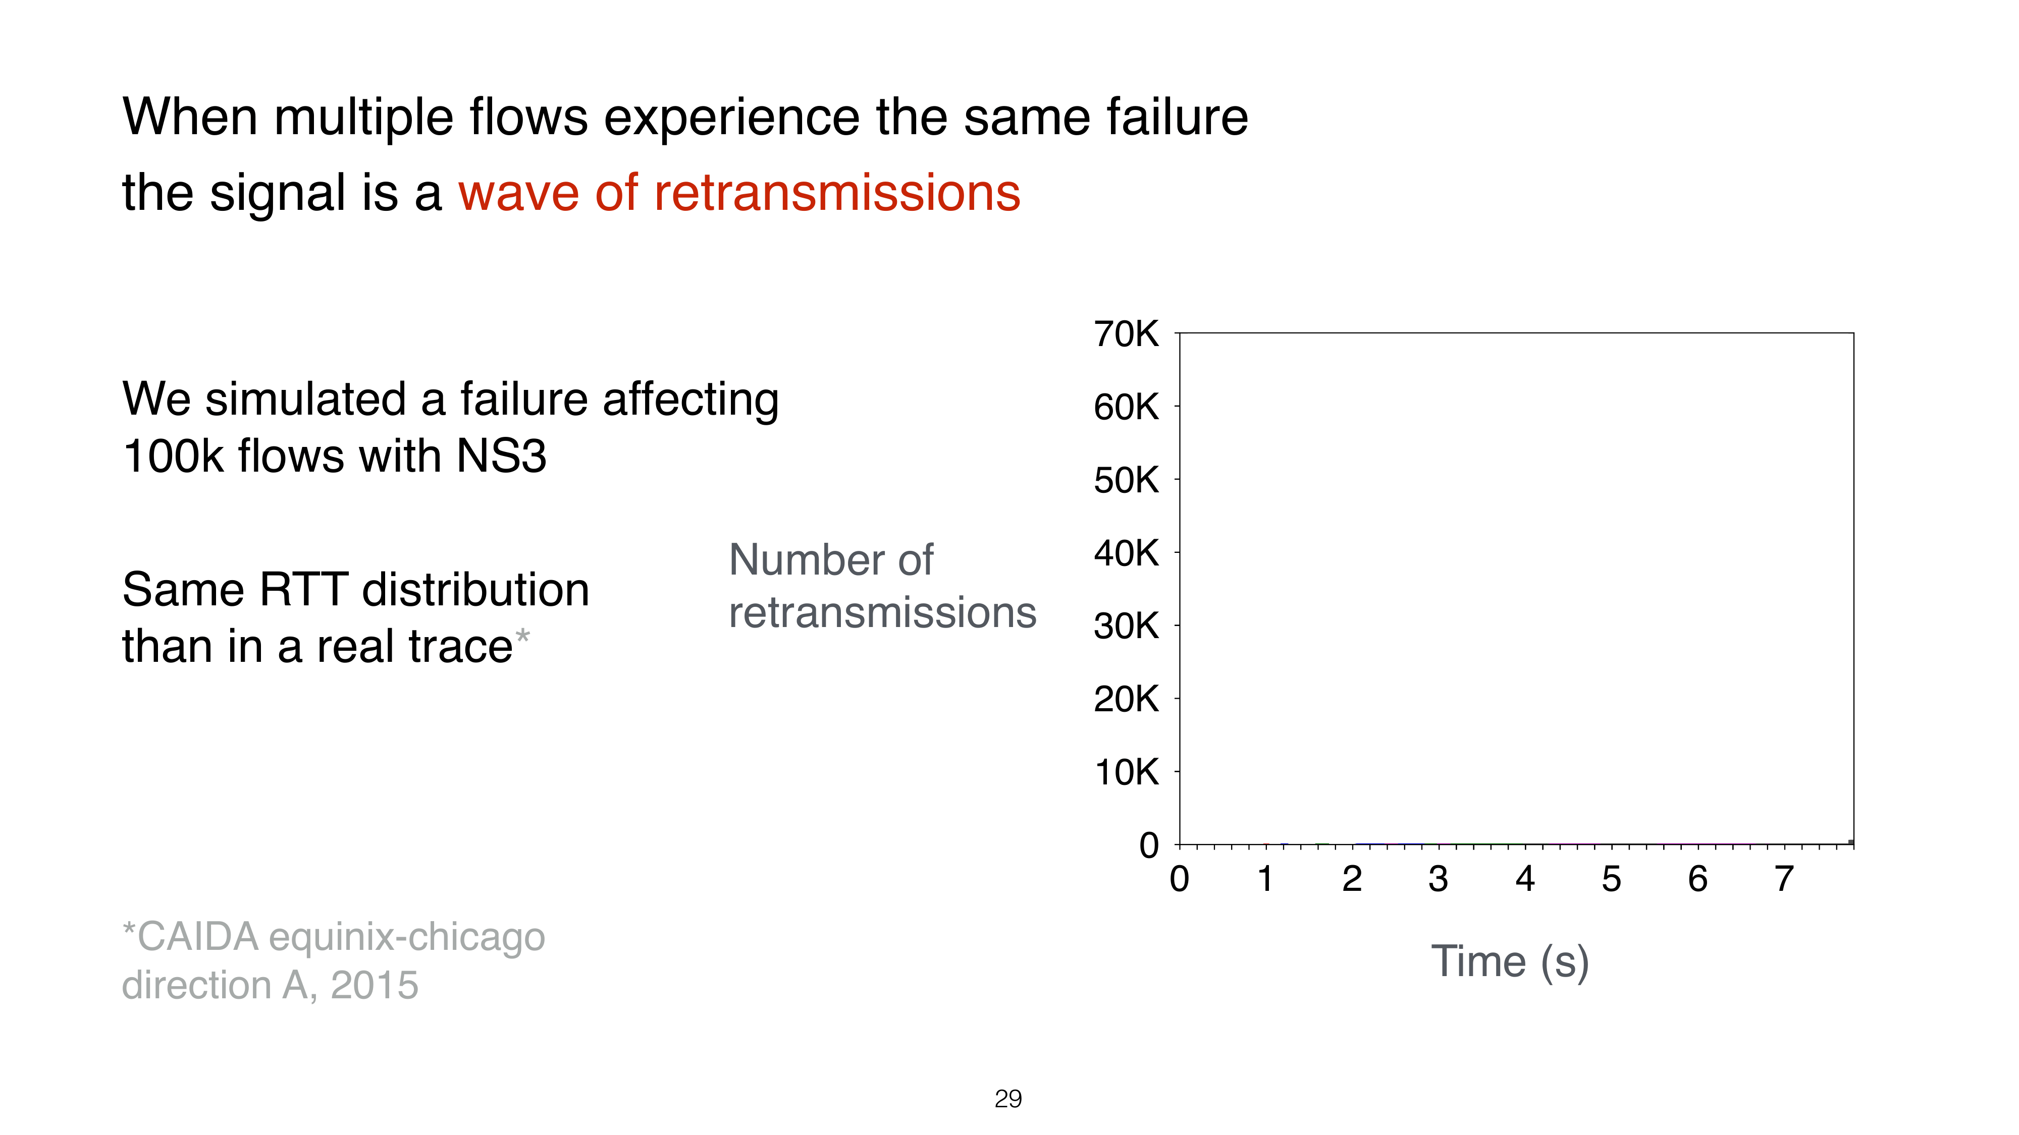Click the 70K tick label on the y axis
1126,334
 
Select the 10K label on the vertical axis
1126,772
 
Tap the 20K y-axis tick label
1126,699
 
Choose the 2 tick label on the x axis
1352,879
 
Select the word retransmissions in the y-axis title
882,612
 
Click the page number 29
1008,1099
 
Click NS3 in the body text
502,456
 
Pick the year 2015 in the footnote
375,985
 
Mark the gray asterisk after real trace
522,635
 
